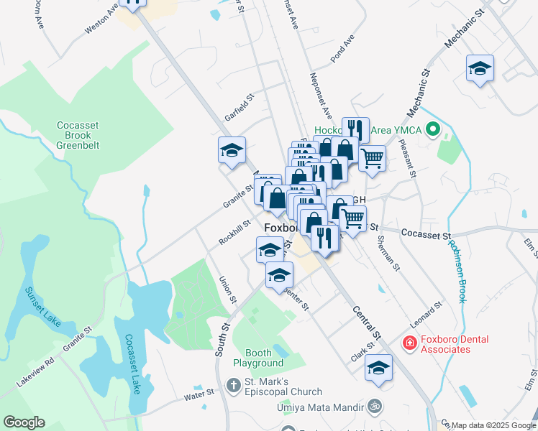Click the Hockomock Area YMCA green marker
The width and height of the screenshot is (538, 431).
[432, 131]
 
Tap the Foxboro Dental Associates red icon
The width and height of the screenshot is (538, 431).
[409, 344]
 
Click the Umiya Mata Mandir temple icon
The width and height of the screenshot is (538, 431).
[373, 407]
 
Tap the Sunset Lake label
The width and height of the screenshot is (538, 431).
[42, 307]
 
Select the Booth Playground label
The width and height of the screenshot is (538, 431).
[257, 358]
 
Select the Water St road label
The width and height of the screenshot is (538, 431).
[199, 394]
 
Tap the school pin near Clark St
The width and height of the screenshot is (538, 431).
[378, 368]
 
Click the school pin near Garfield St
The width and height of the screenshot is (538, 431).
[232, 150]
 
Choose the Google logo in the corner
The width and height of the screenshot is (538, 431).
[24, 422]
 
